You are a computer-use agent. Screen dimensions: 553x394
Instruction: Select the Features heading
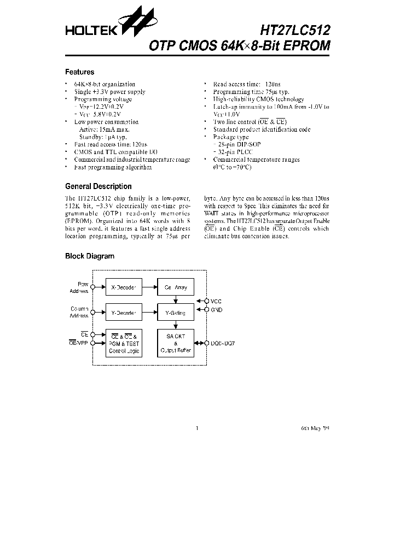pyautogui.click(x=79, y=72)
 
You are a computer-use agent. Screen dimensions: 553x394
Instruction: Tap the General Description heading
pyautogui.click(x=98, y=186)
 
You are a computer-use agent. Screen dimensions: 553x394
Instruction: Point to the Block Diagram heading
pyautogui.click(x=90, y=256)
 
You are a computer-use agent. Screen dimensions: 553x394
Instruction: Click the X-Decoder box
pyautogui.click(x=124, y=286)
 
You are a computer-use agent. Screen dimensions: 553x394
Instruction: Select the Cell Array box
pyautogui.click(x=175, y=286)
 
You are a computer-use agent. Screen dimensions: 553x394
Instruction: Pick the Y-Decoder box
pyautogui.click(x=124, y=313)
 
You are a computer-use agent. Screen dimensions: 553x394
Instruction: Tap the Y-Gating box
pyautogui.click(x=175, y=313)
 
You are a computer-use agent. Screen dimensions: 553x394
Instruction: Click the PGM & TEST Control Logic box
pyautogui.click(x=124, y=343)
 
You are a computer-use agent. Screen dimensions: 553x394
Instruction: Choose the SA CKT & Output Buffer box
pyautogui.click(x=175, y=343)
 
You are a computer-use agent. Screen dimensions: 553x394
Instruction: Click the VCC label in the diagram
pyautogui.click(x=216, y=301)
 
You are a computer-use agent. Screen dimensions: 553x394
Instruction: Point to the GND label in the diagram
pyautogui.click(x=216, y=309)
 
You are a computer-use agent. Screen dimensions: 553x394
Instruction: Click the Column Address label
pyautogui.click(x=79, y=313)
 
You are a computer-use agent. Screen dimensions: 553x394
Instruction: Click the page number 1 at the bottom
pyautogui.click(x=196, y=428)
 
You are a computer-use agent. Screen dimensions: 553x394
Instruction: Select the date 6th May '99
pyautogui.click(x=315, y=428)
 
